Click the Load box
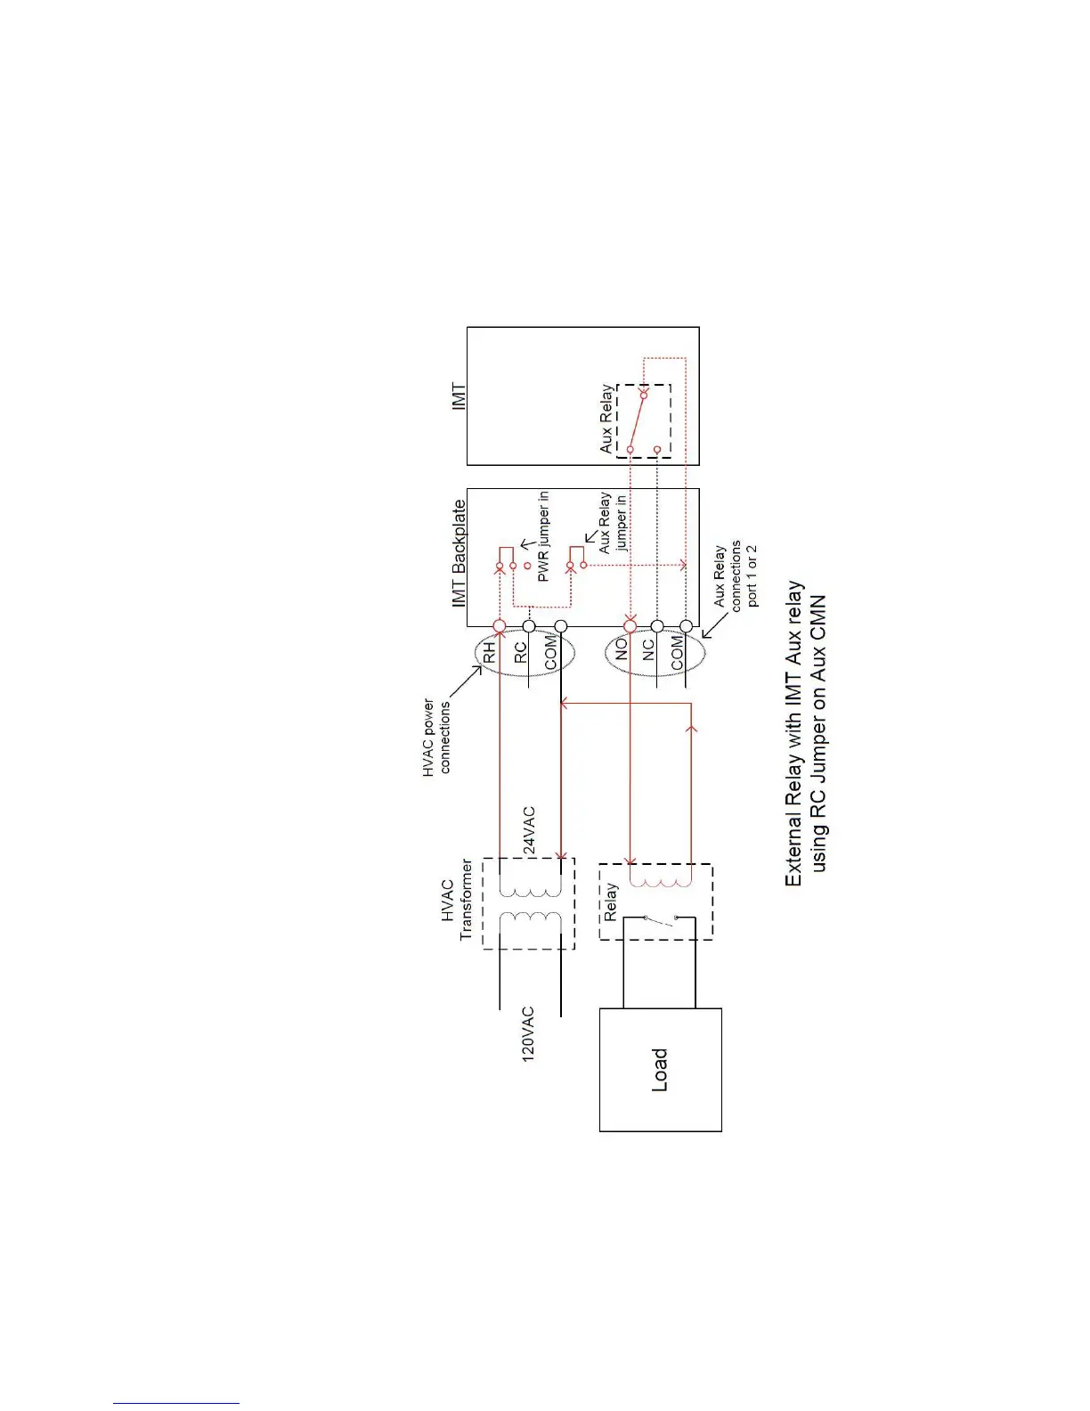pyautogui.click(x=660, y=1069)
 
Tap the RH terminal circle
pyautogui.click(x=500, y=627)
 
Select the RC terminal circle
pyautogui.click(x=529, y=627)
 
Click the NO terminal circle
pyautogui.click(x=630, y=627)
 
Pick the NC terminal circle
pyautogui.click(x=657, y=627)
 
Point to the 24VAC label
pyautogui.click(x=529, y=831)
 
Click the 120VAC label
pyautogui.click(x=528, y=1034)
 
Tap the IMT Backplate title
pyautogui.click(x=459, y=553)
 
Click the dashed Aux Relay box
pyautogui.click(x=644, y=421)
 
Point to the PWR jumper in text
pyautogui.click(x=543, y=537)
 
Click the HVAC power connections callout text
pyautogui.click(x=437, y=737)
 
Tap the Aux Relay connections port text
pyautogui.click(x=736, y=575)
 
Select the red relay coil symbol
pyautogui.click(x=660, y=881)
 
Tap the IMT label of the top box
pyautogui.click(x=459, y=396)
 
